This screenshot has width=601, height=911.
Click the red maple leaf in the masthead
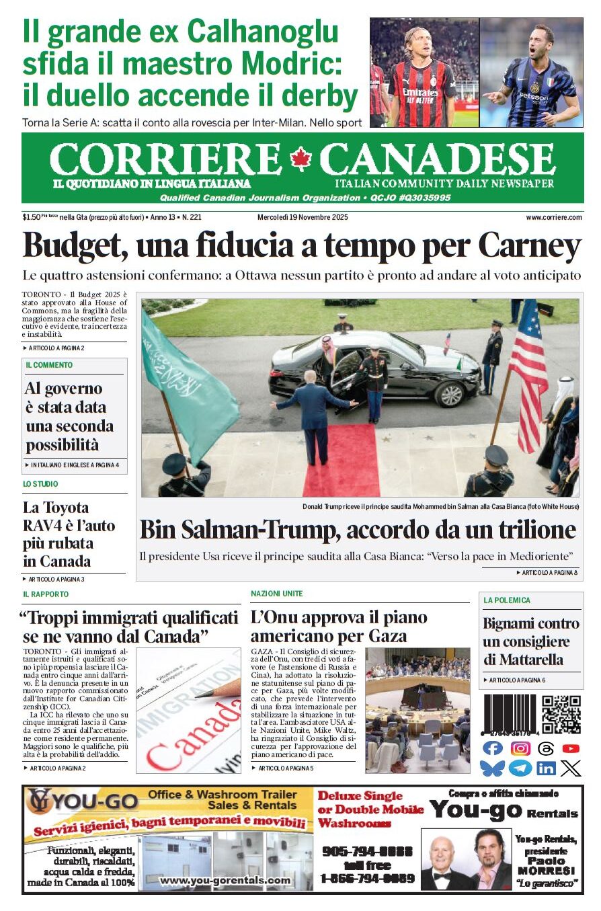coord(300,159)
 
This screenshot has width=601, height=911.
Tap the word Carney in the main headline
coord(530,247)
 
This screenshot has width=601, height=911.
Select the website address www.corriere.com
coord(554,217)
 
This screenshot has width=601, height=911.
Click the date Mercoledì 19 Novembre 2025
coord(303,217)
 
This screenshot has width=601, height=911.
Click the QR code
coord(561,715)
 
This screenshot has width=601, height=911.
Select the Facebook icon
coord(493,748)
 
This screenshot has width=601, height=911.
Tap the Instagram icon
coord(520,748)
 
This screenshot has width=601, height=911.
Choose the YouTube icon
coord(571,748)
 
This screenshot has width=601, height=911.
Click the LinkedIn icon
coord(546,768)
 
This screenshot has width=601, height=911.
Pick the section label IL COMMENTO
coord(49,365)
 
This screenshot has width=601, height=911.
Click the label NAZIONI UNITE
coord(276,594)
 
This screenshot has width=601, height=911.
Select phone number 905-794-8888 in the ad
coord(368,850)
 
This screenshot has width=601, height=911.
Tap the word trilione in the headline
coord(524,530)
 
